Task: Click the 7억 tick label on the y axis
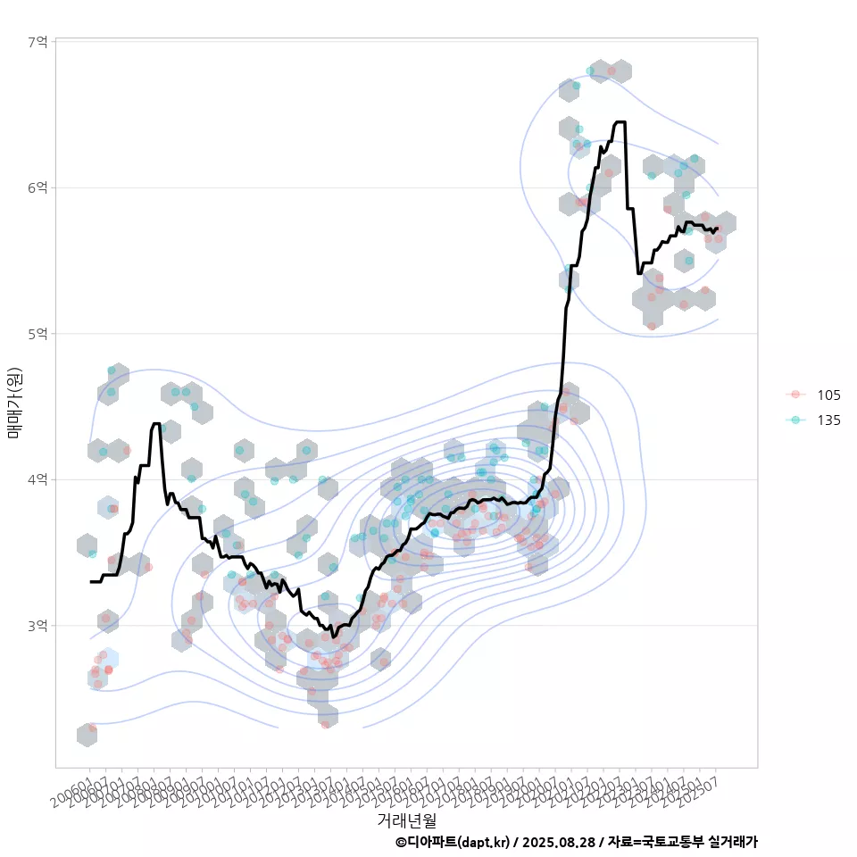(37, 42)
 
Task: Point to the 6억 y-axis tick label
(37, 187)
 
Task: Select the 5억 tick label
(37, 334)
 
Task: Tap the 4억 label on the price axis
(37, 479)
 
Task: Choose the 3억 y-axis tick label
(37, 626)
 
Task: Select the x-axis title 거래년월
(406, 820)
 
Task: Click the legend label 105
(828, 395)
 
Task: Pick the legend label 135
(828, 420)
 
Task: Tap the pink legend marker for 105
(796, 395)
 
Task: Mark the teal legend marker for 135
(796, 420)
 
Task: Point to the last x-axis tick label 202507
(699, 791)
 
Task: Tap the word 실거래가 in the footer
(732, 842)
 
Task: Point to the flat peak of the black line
(620, 122)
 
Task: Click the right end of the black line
(717, 229)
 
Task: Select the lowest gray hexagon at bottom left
(87, 735)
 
